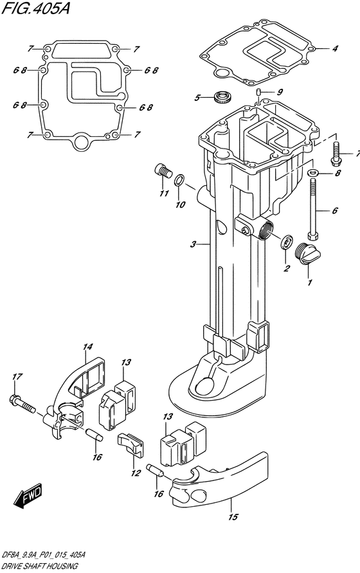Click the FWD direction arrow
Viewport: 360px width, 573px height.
(28, 496)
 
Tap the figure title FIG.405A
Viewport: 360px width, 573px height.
(35, 8)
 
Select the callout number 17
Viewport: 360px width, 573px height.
(17, 376)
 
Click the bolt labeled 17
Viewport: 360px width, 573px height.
(22, 403)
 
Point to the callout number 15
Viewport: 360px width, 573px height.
(233, 516)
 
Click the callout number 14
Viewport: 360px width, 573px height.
(87, 347)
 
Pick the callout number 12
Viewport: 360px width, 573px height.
(136, 473)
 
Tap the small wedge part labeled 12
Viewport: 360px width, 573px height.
(130, 444)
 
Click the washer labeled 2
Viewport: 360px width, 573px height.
(286, 242)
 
